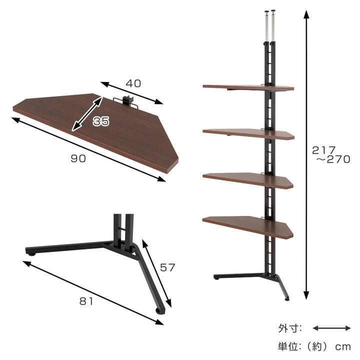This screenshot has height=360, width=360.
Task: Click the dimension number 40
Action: click(133, 83)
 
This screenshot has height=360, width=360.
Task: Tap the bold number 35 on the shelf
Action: click(101, 121)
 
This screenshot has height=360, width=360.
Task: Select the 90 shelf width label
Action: click(78, 158)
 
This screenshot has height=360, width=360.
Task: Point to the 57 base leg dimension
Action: click(167, 267)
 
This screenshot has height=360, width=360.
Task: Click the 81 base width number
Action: click(86, 301)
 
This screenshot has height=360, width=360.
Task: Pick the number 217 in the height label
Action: click(323, 150)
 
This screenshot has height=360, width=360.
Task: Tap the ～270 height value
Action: click(333, 159)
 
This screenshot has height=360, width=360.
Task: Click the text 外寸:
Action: click(290, 328)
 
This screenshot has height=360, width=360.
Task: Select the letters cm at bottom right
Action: click(343, 346)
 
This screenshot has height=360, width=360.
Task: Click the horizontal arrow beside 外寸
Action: click(332, 328)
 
